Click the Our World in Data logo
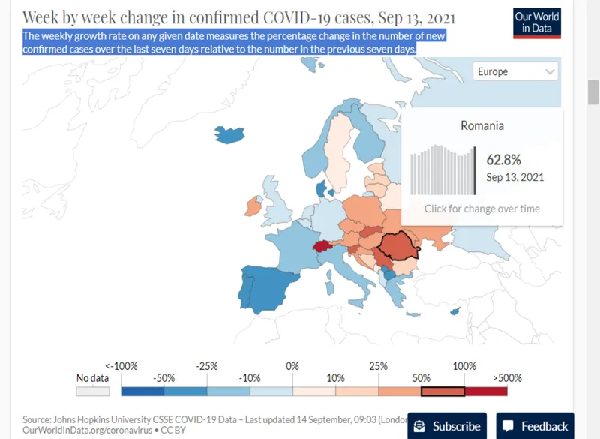[537, 23]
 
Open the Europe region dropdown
[516, 71]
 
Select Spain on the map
[266, 289]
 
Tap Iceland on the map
[229, 134]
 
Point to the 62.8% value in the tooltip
[503, 160]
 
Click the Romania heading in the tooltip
[482, 125]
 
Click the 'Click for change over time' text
[482, 209]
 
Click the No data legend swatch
[93, 391]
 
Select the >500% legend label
[506, 378]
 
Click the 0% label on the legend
[292, 366]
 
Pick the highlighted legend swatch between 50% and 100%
[442, 391]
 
